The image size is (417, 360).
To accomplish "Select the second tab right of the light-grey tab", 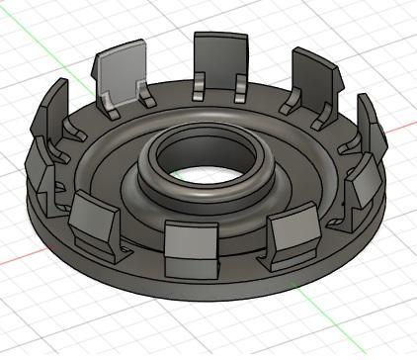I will coord(312,80).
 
